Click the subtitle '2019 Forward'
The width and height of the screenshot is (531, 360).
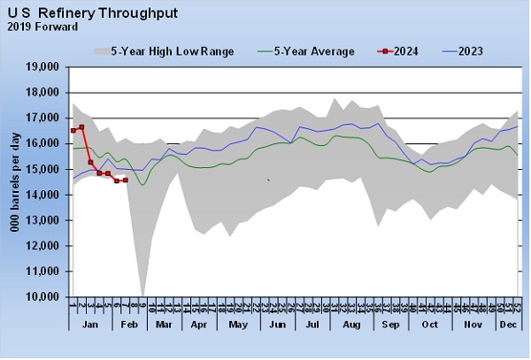42,27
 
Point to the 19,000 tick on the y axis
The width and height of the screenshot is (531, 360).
41,66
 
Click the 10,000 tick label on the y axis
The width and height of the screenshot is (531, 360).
41,298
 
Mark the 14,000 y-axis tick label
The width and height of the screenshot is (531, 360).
41,195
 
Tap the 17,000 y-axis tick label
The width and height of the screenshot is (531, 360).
41,118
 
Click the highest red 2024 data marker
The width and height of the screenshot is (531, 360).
81,127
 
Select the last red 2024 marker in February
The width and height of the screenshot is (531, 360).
125,180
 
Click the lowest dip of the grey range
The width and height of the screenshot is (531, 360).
142,295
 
